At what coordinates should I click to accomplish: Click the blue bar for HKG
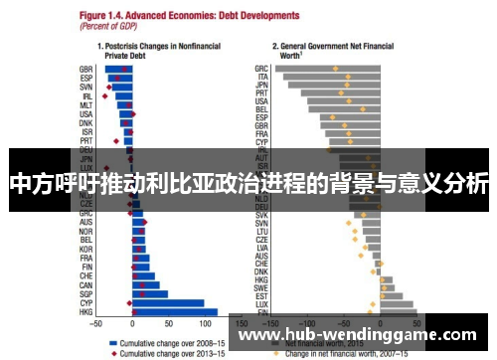174,312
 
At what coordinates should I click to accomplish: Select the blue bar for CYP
168,302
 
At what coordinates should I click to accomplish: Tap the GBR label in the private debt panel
85,69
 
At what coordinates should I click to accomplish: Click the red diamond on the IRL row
104,96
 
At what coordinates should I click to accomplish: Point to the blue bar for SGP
150,293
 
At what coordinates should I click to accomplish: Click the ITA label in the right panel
263,77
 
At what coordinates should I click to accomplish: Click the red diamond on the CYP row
129,302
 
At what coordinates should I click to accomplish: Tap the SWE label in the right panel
262,286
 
